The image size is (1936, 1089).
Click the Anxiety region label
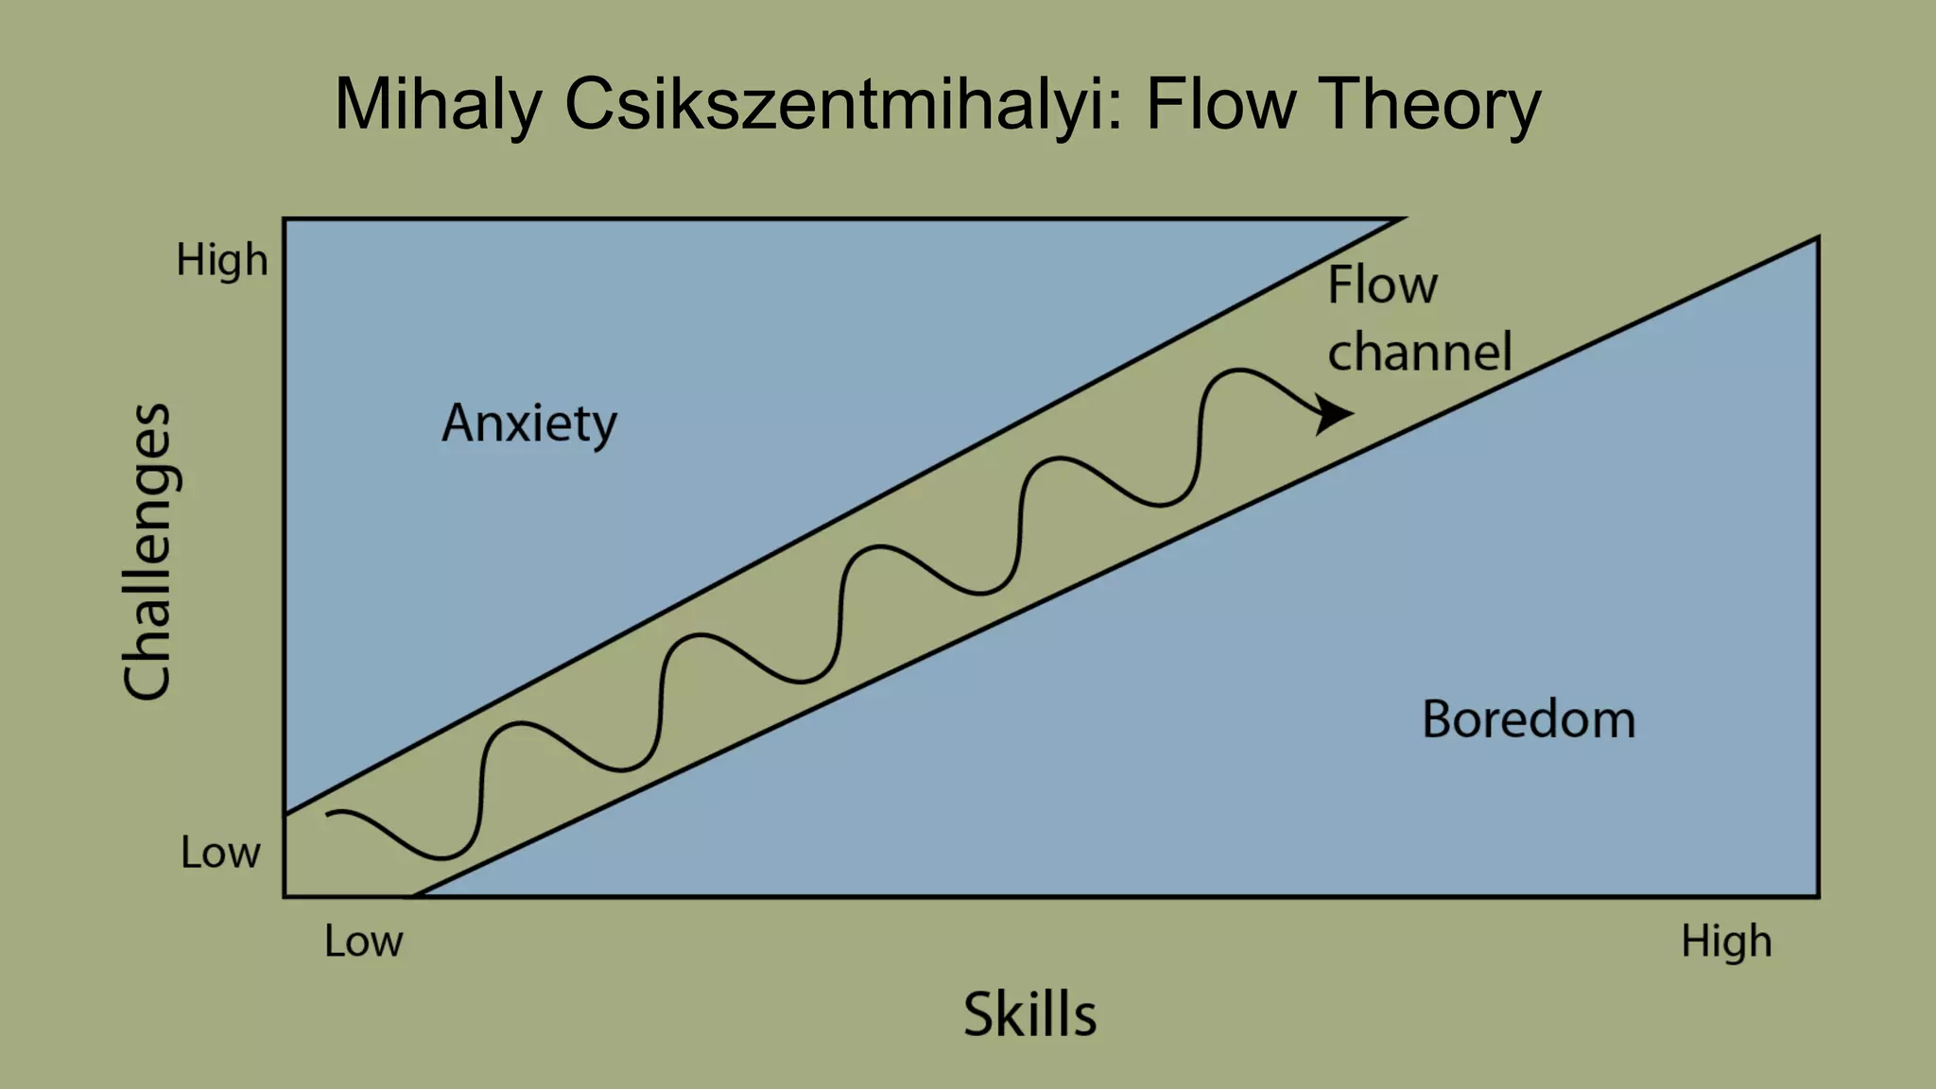coord(529,423)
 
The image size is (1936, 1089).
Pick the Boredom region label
coord(1529,719)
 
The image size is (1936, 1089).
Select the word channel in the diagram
coord(1420,352)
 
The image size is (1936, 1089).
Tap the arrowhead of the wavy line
coord(1335,414)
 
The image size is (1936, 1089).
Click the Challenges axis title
coord(148,552)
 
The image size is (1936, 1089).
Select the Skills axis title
coord(1029,1014)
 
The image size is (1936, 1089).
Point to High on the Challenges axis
coord(222,260)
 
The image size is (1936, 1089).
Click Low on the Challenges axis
coord(220,853)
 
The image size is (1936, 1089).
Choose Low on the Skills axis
coord(364,942)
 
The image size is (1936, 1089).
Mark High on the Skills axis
coord(1726,942)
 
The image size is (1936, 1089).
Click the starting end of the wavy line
coord(328,813)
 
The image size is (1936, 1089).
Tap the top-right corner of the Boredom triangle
coord(1817,240)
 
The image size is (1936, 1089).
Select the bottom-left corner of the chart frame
coord(285,895)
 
